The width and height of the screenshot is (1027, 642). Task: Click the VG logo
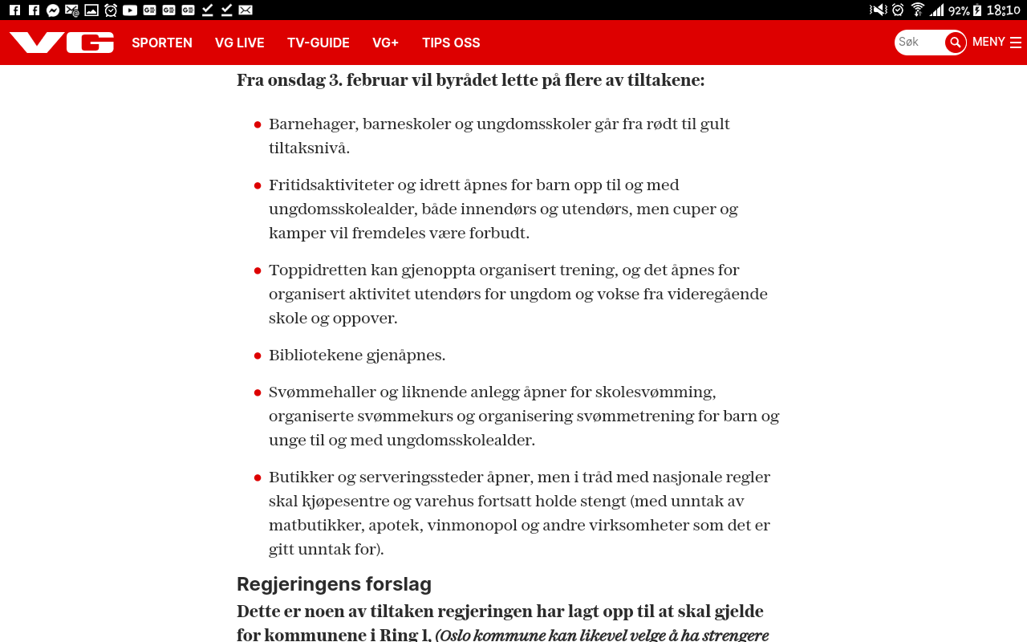pyautogui.click(x=62, y=43)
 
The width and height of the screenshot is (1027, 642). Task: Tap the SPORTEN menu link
pyautogui.click(x=162, y=43)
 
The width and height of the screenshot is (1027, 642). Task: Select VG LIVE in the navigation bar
pyautogui.click(x=240, y=43)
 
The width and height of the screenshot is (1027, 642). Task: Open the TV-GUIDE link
pyautogui.click(x=319, y=43)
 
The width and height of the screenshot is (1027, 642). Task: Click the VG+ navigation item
pyautogui.click(x=385, y=43)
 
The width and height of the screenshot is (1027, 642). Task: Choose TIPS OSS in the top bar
pyautogui.click(x=451, y=43)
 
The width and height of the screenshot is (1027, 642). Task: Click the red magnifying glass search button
pyautogui.click(x=955, y=43)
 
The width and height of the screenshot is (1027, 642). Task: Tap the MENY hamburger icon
pyautogui.click(x=1016, y=43)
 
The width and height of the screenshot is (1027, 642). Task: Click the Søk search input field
pyautogui.click(x=919, y=43)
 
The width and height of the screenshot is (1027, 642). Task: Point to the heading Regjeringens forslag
pyautogui.click(x=334, y=583)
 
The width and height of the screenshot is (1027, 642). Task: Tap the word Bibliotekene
pyautogui.click(x=315, y=356)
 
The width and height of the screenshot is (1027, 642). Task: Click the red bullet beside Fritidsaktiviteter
pyautogui.click(x=258, y=186)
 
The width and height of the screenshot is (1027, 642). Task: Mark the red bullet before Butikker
pyautogui.click(x=258, y=478)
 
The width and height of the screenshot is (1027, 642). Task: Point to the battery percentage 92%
pyautogui.click(x=959, y=10)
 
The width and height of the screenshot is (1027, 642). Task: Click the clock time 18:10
pyautogui.click(x=1004, y=10)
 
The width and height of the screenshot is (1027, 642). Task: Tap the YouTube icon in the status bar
pyautogui.click(x=130, y=10)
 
